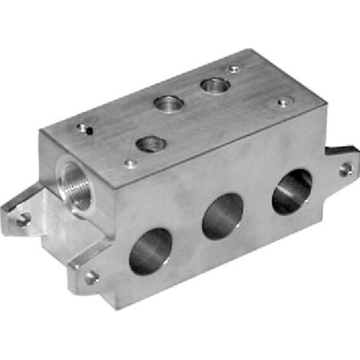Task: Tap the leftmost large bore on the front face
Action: coord(151,251)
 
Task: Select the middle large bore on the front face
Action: coord(223,216)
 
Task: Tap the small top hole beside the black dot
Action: coord(82,126)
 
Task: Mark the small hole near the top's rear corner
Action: coord(234,69)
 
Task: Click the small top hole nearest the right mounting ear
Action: coord(282,103)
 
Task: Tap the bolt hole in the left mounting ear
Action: coord(24,218)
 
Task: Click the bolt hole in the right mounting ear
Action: coord(344,168)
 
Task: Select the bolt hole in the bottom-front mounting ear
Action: coord(91,276)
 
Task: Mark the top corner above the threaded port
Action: coord(41,131)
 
